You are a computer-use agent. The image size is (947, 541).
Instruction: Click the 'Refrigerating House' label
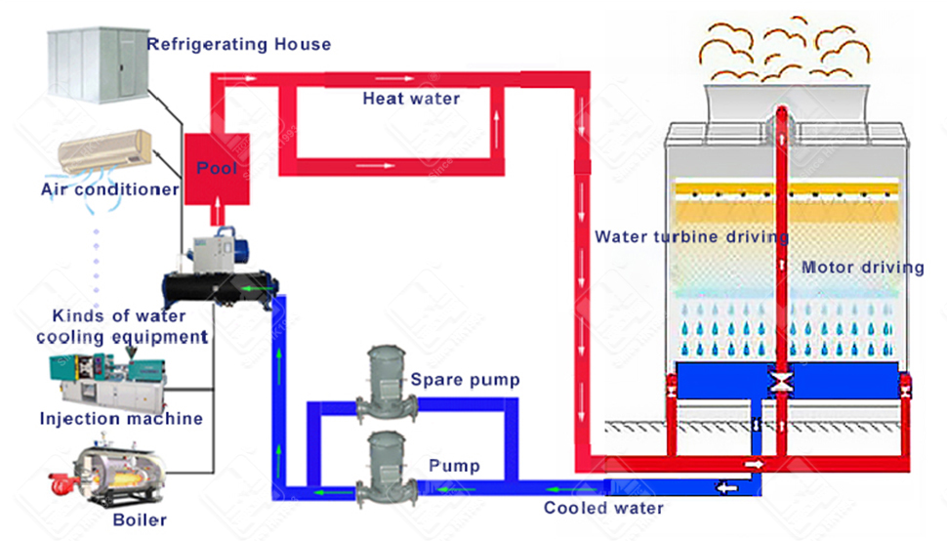238,44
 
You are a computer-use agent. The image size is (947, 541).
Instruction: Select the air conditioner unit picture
105,152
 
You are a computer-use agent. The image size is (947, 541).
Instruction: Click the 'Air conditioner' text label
109,188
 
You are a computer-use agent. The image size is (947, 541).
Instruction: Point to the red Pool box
217,169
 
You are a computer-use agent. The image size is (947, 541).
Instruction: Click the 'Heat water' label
411,99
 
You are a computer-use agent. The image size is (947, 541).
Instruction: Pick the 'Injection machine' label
121,419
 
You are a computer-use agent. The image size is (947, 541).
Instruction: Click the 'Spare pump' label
465,380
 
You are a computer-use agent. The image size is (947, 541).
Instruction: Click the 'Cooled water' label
603,508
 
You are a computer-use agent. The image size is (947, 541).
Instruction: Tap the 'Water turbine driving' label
692,236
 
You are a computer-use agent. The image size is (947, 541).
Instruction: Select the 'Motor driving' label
862,268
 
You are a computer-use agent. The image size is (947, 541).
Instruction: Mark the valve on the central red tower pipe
781,382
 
